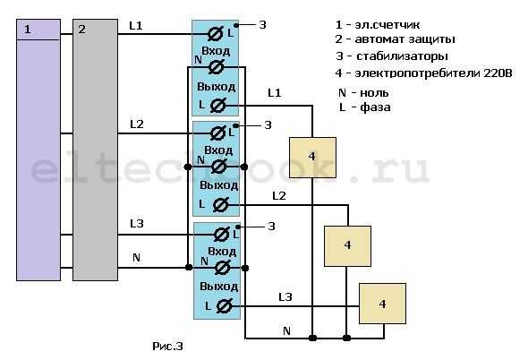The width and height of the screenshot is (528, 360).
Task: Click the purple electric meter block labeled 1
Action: (38, 150)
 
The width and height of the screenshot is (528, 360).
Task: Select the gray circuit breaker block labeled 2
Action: (95, 150)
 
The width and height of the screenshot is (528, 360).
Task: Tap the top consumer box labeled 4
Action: (312, 158)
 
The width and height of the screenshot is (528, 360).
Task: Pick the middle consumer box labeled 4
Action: (347, 246)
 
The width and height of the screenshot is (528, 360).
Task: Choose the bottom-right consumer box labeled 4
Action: (382, 304)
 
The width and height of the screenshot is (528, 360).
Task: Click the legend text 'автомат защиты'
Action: (405, 39)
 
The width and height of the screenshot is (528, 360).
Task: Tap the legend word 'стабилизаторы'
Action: (402, 56)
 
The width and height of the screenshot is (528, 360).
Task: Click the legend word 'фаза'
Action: (375, 107)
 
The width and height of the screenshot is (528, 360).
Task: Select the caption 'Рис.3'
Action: (167, 347)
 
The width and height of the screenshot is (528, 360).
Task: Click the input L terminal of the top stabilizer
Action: (216, 34)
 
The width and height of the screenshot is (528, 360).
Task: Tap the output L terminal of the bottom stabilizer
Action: (224, 306)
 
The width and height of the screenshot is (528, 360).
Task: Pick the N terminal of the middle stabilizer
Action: (219, 167)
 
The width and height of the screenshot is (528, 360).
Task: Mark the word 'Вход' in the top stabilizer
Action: (216, 51)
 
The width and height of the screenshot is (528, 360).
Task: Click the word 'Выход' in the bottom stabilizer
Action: (219, 287)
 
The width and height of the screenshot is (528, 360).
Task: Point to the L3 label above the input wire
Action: (137, 224)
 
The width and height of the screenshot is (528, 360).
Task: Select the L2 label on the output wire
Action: (279, 196)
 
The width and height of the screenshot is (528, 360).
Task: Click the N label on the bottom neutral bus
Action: (287, 331)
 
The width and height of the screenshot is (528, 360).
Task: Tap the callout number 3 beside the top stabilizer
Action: (262, 24)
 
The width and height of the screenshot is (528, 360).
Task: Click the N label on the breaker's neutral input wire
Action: (136, 258)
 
